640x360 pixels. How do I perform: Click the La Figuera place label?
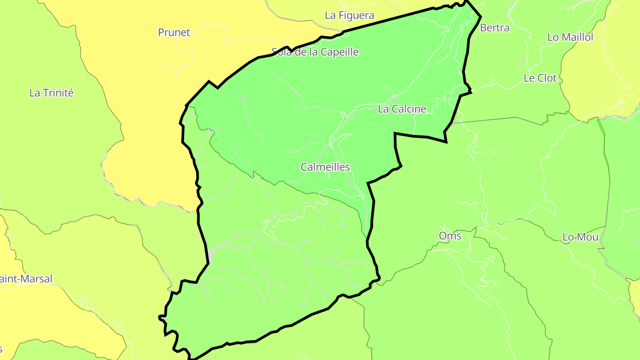[349, 16]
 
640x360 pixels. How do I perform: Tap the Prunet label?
[174, 32]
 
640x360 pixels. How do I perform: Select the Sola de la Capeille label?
[315, 52]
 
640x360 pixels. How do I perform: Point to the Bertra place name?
[495, 28]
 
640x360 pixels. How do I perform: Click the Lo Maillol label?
[570, 37]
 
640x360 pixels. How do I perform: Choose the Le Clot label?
[540, 78]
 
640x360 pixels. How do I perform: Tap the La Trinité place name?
[52, 93]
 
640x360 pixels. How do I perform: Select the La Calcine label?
[402, 109]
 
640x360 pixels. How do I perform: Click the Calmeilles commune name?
[325, 168]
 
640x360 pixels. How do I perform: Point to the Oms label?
[450, 236]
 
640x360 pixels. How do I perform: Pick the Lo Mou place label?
[580, 237]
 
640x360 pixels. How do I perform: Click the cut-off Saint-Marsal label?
[26, 279]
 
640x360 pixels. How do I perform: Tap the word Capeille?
[340, 52]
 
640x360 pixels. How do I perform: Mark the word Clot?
[547, 78]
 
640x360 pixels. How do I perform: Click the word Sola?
[281, 52]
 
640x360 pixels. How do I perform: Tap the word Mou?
[588, 237]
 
